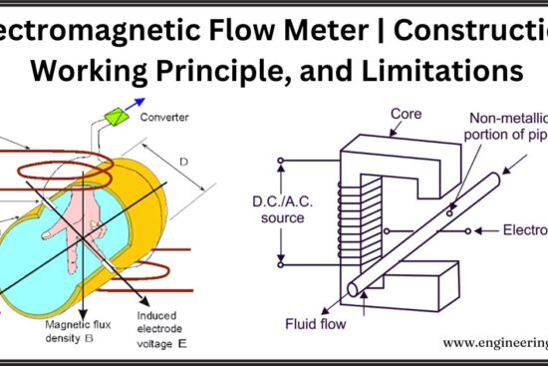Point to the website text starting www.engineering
[494, 343]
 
